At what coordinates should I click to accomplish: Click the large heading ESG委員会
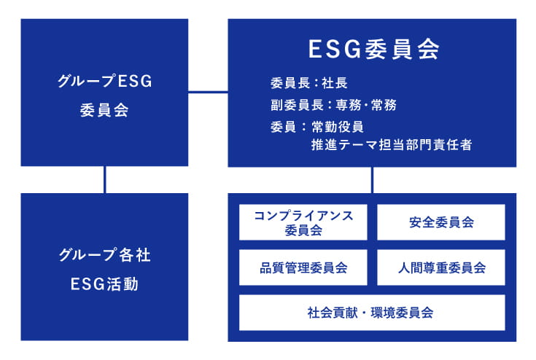[x=373, y=49]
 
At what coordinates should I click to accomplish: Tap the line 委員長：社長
[x=309, y=83]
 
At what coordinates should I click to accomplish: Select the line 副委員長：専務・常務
[x=334, y=105]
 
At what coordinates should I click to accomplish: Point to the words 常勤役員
[x=338, y=127]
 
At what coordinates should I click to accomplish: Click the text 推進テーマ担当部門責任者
[x=392, y=144]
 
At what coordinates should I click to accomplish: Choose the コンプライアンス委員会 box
[x=303, y=222]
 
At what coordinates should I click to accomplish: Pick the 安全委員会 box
[x=441, y=222]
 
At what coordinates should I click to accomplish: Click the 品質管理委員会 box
[x=303, y=267]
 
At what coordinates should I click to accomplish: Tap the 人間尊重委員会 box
[x=441, y=267]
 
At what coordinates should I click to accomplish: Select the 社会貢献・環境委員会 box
[x=372, y=313]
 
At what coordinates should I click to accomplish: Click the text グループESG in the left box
[x=105, y=81]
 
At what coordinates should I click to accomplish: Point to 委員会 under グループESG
[x=104, y=110]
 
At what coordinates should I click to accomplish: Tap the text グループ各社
[x=104, y=255]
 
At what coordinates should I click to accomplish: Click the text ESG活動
[x=104, y=284]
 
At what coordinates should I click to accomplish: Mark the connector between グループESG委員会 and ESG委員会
[x=208, y=92]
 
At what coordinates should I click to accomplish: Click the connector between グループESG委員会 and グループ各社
[x=104, y=180]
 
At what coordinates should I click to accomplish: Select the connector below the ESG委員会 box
[x=372, y=180]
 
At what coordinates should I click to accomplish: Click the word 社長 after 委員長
[x=335, y=83]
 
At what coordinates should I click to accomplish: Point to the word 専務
[x=349, y=105]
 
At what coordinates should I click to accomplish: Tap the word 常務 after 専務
[x=384, y=105]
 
